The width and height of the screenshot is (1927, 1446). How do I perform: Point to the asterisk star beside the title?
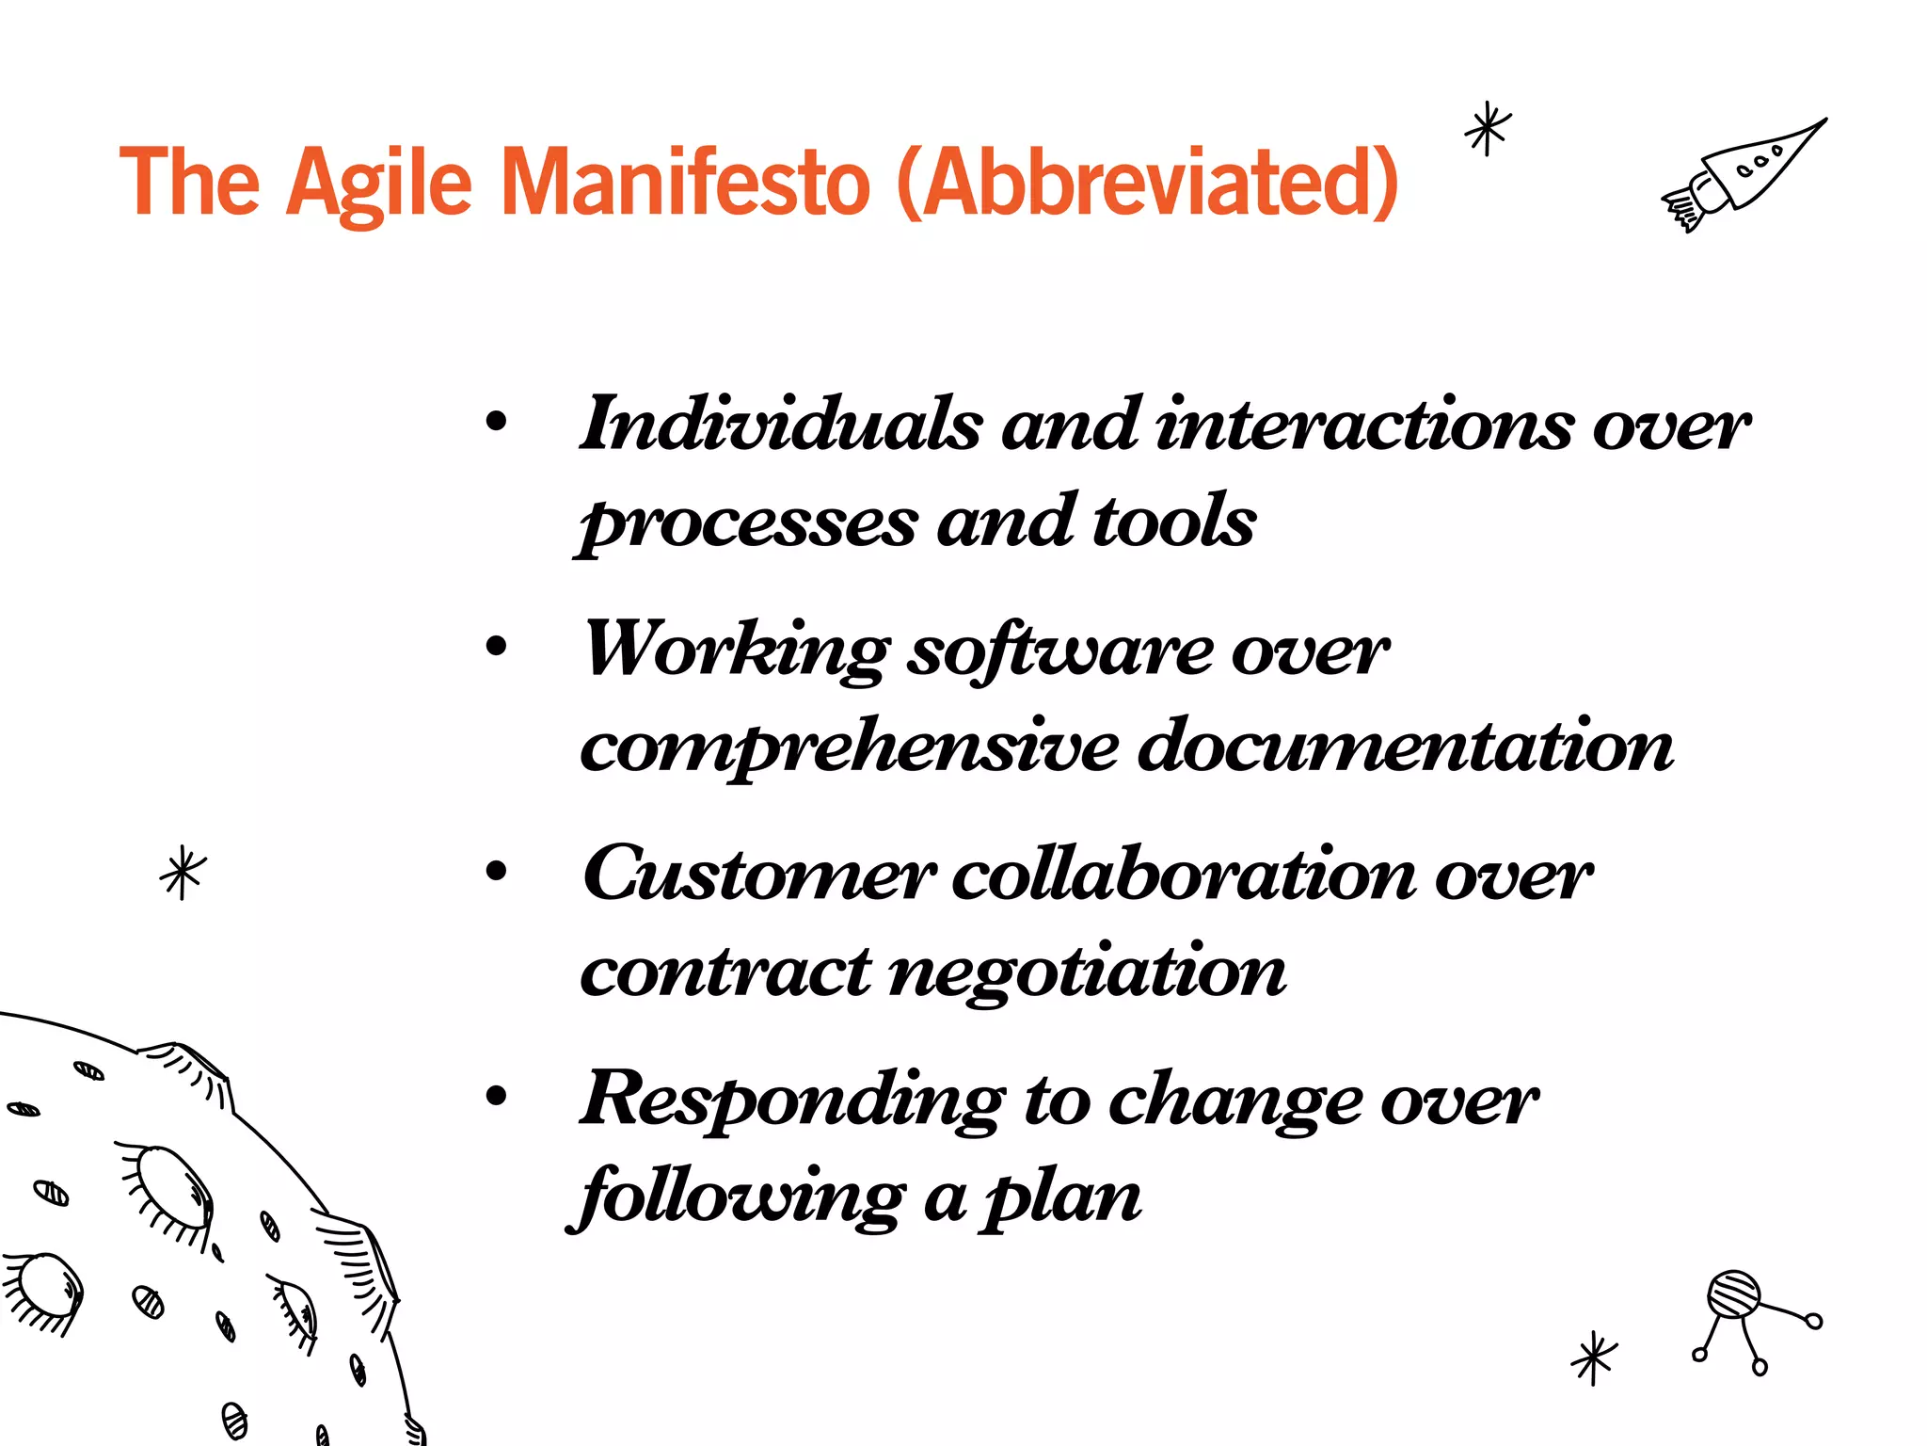1488,129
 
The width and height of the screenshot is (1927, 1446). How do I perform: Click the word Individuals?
781,425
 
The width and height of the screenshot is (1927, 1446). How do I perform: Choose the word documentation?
1406,746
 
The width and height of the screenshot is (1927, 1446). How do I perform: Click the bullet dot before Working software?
496,646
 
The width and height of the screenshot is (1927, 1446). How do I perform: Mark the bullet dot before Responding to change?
496,1095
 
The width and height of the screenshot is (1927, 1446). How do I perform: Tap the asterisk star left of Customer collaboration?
183,873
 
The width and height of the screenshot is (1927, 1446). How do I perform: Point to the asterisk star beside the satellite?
1594,1358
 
